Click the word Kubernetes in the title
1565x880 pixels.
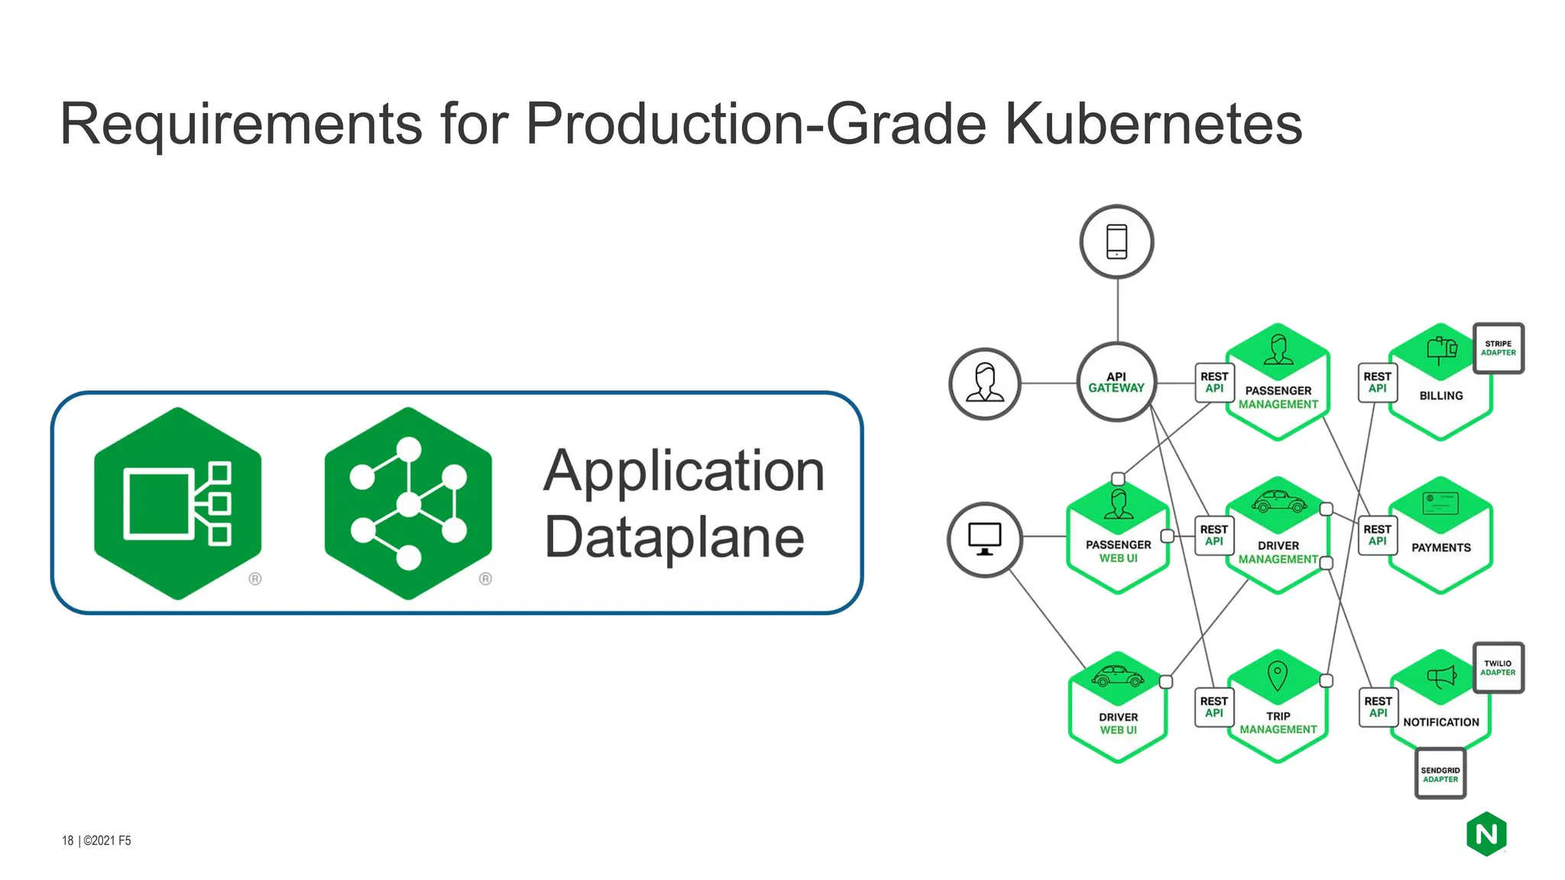(1152, 124)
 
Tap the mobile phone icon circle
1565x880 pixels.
(1116, 241)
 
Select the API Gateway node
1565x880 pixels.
(1116, 382)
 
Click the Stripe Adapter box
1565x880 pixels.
(1498, 348)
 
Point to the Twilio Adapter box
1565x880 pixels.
(1498, 668)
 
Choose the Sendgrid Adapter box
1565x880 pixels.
(1440, 775)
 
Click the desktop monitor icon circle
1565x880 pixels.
(984, 539)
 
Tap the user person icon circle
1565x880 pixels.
(984, 383)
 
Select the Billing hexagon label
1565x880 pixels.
(1440, 396)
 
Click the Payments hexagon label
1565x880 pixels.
(1440, 548)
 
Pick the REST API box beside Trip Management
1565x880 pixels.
(1213, 707)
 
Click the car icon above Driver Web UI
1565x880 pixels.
(1117, 676)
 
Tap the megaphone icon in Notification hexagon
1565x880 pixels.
(1441, 676)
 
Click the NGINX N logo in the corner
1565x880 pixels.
(1486, 834)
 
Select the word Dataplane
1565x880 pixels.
(674, 537)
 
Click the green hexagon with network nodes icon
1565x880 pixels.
(408, 504)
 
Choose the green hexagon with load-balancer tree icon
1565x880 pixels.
(178, 504)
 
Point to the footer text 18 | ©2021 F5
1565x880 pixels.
(96, 840)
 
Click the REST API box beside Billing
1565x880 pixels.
(1377, 383)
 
